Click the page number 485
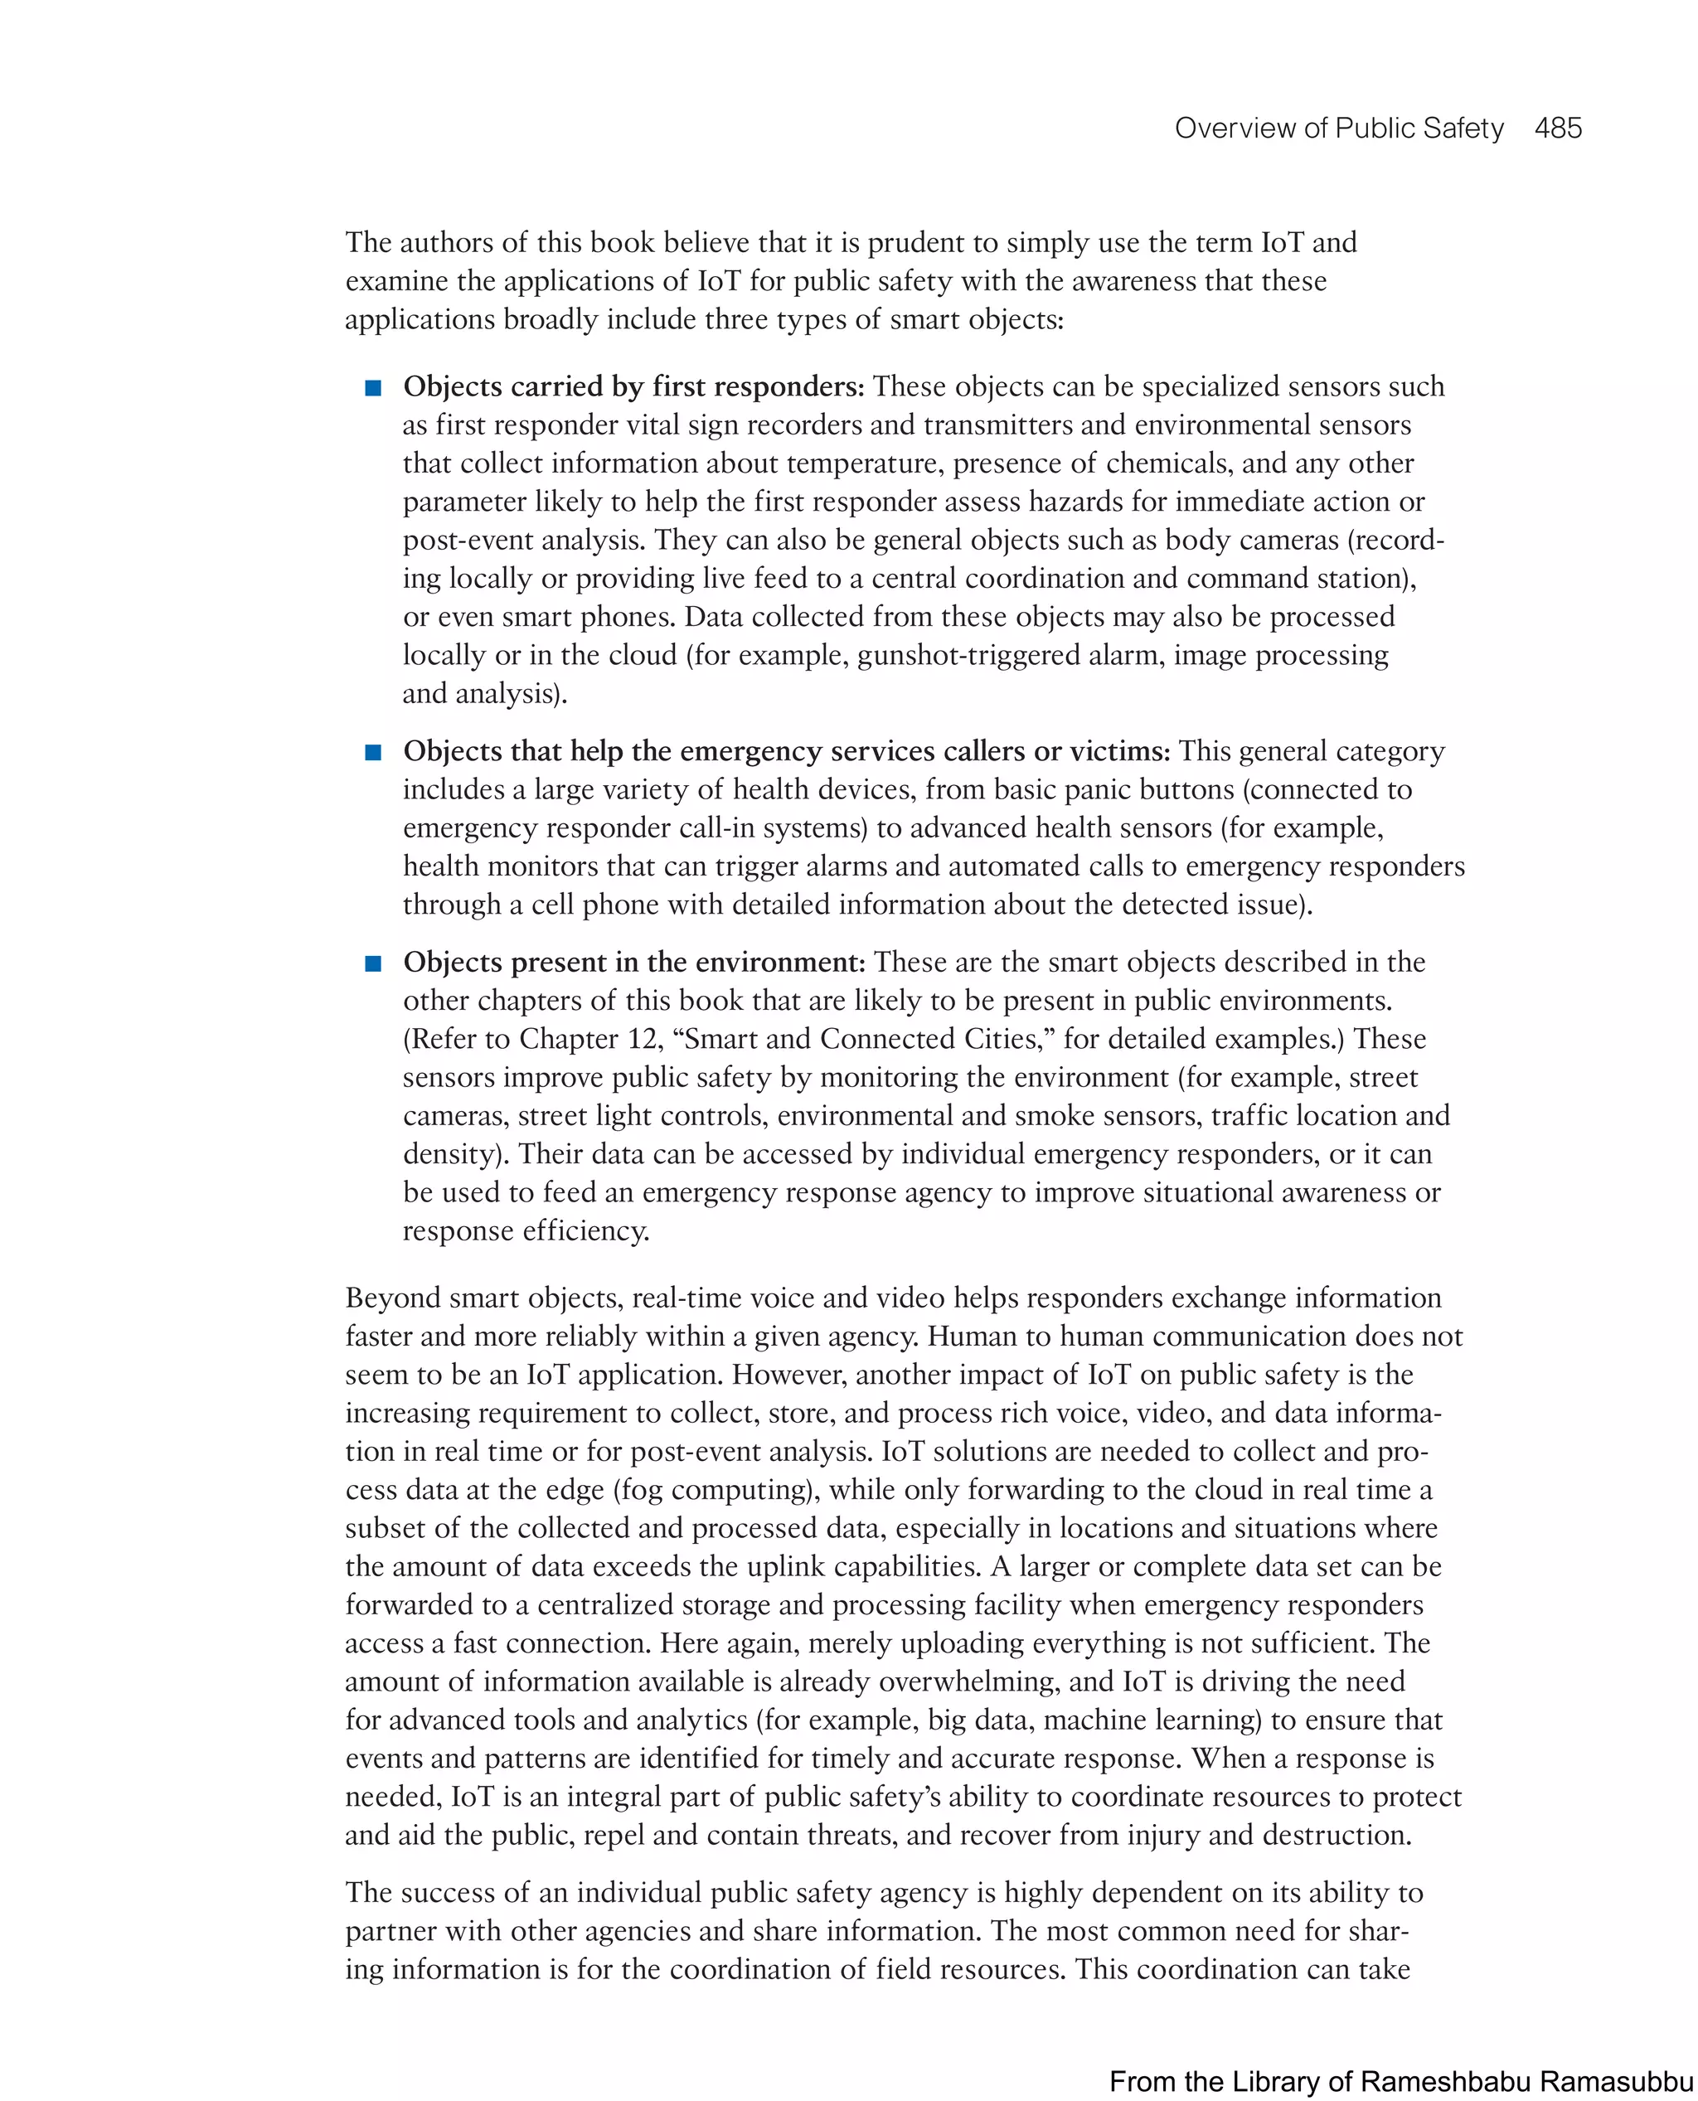coord(1557,129)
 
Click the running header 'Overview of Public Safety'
coord(1338,129)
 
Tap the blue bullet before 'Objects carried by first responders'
coord(372,388)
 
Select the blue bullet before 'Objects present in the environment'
coord(372,963)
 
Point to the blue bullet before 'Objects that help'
coord(372,752)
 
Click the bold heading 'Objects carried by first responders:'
coord(633,386)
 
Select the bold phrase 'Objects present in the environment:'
coord(633,962)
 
